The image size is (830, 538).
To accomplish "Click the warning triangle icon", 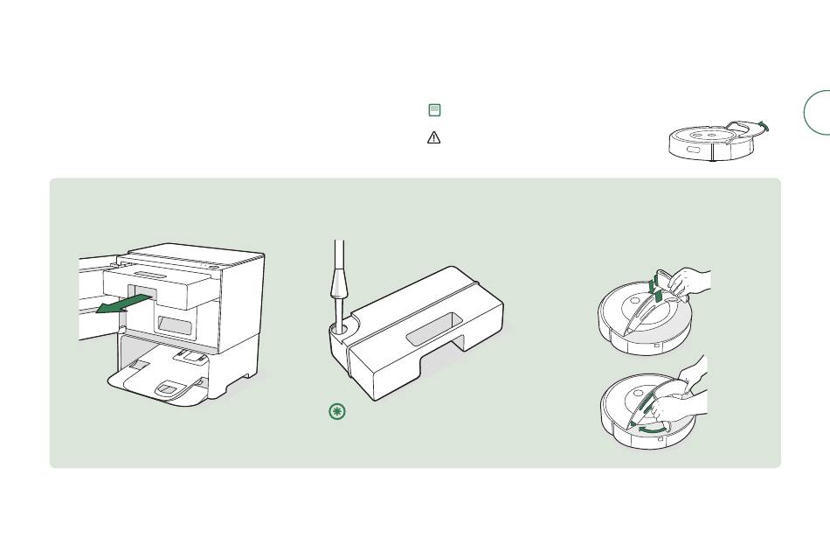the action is pos(434,137).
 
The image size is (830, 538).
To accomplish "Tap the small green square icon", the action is pos(434,110).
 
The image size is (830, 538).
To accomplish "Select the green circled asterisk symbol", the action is pos(337,412).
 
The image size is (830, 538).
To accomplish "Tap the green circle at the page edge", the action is pos(819,113).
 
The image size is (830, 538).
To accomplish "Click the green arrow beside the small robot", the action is pos(764,127).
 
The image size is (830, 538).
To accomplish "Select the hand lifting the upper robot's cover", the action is pos(690,281).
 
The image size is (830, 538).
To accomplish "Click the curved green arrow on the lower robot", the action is pos(649,430).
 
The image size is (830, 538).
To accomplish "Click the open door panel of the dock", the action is pos(96,297).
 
